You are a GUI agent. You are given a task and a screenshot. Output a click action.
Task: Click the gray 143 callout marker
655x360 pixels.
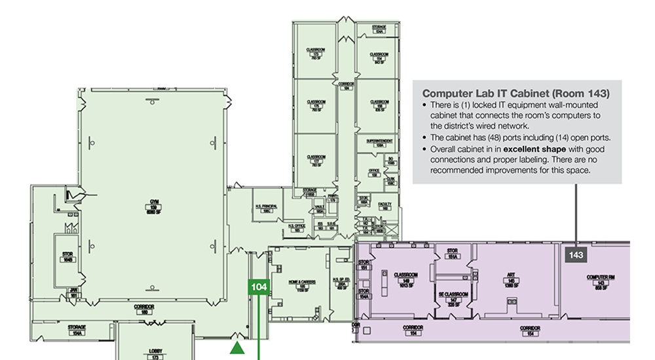576,255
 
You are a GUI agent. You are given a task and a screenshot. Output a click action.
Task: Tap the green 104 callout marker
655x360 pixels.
258,287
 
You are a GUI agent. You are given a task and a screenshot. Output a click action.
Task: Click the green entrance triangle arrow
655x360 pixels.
237,347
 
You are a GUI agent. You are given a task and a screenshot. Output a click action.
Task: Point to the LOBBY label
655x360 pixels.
155,352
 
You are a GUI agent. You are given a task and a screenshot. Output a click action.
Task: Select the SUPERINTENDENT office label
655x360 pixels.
379,144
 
